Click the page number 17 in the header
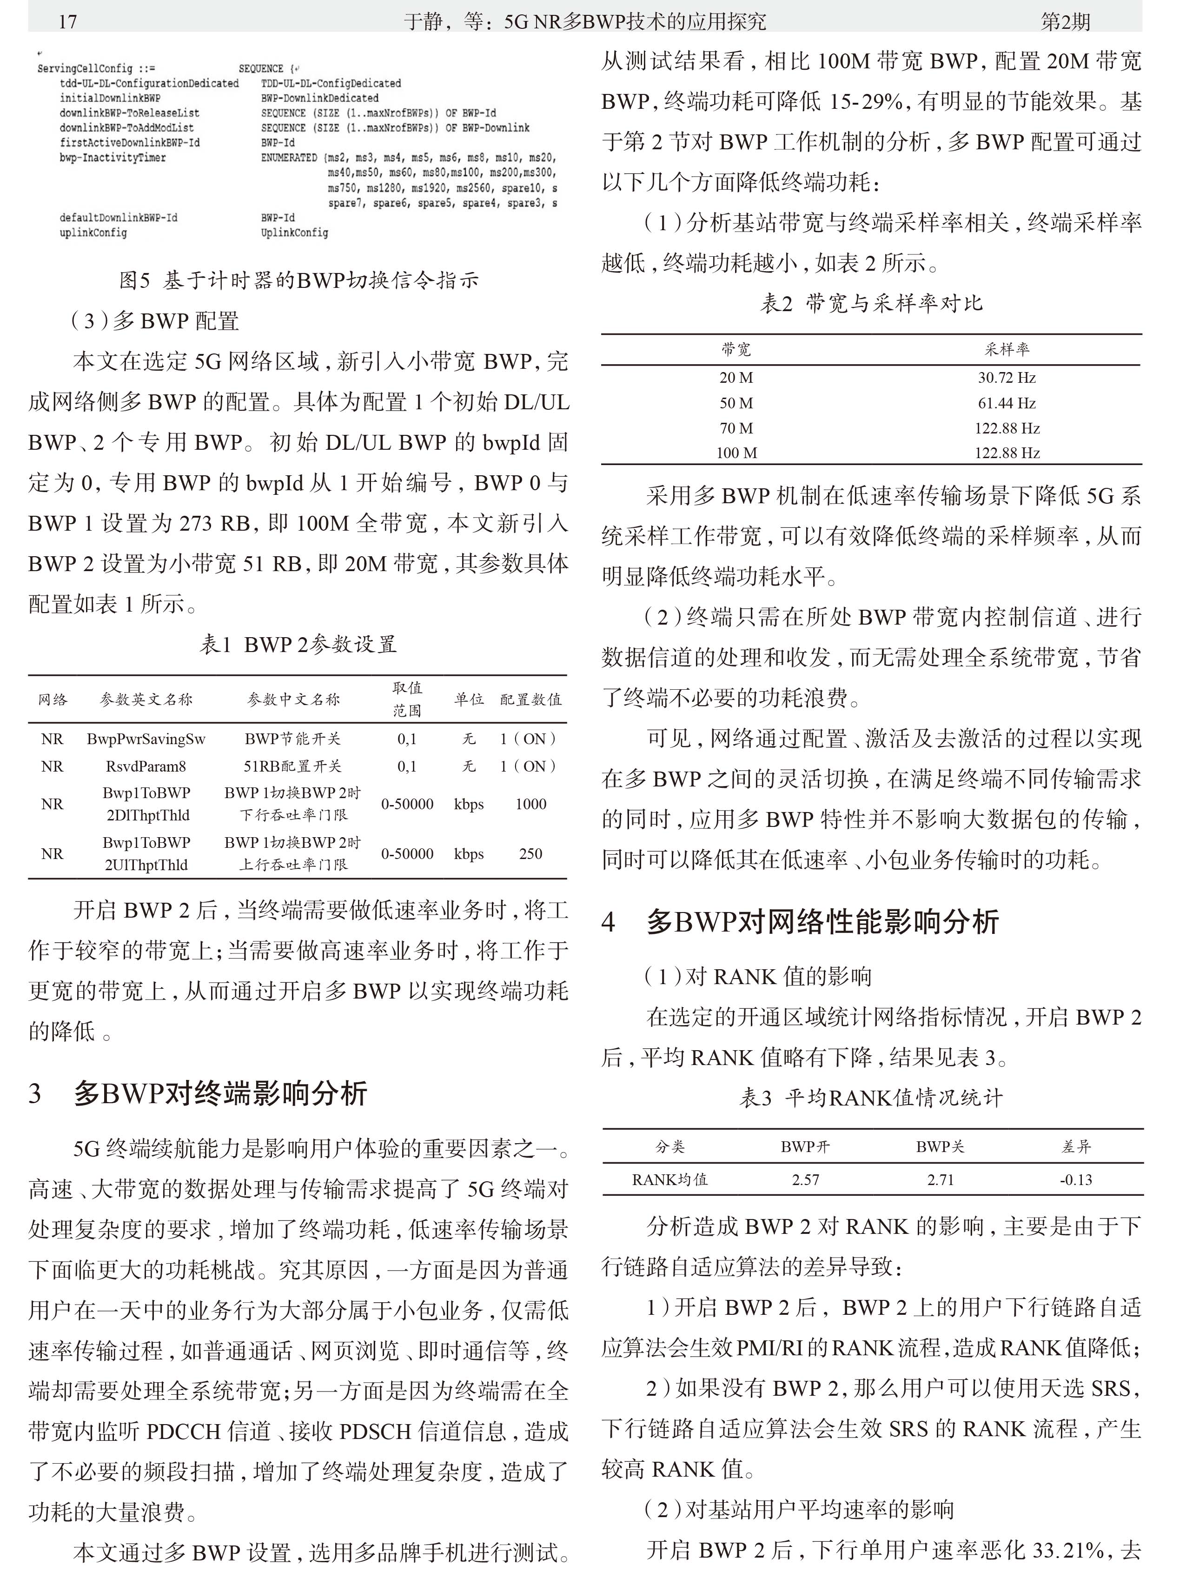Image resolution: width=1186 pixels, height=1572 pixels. point(67,21)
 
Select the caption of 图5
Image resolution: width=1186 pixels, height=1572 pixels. point(298,280)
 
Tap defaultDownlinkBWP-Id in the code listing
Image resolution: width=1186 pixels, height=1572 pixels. point(118,218)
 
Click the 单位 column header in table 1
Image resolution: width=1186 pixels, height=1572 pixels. point(469,699)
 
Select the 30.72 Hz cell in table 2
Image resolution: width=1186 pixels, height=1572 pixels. point(1007,377)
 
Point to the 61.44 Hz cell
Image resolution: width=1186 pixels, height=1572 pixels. point(1007,403)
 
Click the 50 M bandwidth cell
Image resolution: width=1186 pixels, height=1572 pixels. point(736,403)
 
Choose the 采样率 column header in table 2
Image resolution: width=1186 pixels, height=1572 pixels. point(1007,349)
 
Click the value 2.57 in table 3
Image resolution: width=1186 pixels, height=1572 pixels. point(805,1180)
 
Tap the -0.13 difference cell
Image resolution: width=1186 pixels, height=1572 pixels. point(1076,1180)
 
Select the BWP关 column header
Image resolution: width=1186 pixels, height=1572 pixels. point(940,1146)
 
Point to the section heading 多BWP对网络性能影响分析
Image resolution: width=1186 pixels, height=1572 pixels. point(822,922)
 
